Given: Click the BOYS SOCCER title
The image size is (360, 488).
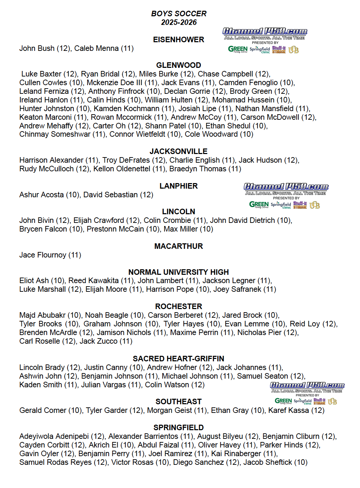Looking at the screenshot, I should (179, 14).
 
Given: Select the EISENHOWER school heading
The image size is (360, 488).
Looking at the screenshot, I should (179, 40).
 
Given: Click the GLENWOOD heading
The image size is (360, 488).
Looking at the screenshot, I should (179, 65).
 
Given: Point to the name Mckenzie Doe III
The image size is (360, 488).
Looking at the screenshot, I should (114, 83).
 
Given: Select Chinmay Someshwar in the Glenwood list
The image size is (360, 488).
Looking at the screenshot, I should (55, 134).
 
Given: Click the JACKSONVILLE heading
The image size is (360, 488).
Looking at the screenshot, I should (179, 152).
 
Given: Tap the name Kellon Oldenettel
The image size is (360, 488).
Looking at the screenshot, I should (122, 169).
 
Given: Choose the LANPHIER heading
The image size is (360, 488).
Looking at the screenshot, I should (179, 186).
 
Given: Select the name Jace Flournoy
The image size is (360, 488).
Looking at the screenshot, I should (43, 255).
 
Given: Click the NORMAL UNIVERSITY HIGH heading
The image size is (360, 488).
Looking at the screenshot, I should (179, 272).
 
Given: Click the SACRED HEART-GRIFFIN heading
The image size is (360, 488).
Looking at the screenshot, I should (179, 359).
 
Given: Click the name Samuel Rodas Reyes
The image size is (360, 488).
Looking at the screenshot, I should (55, 462).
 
